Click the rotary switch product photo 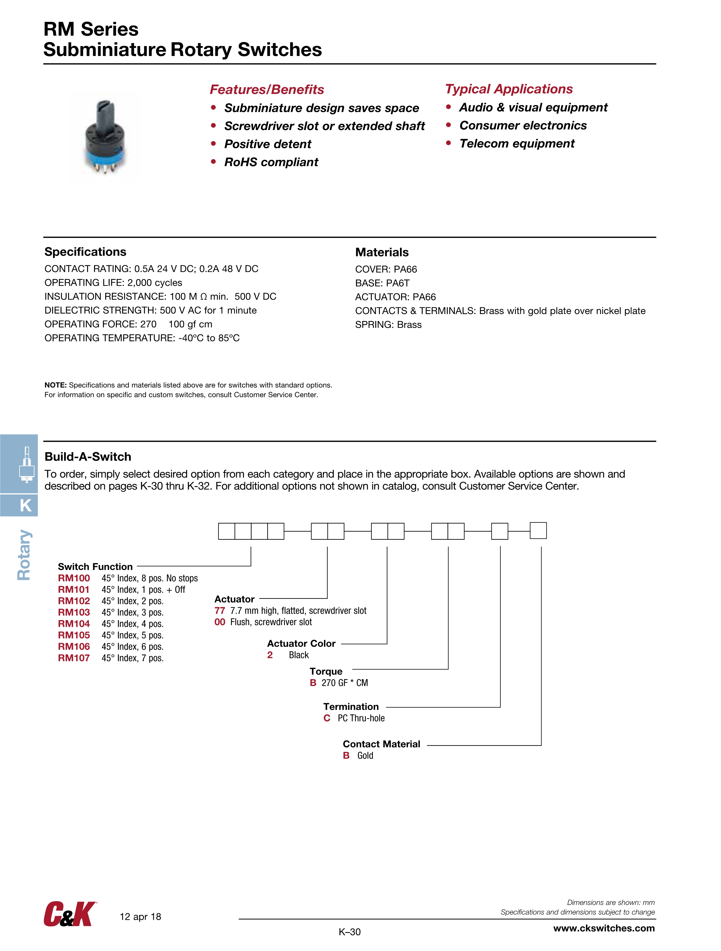105,137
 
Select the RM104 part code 74,624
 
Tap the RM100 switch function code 74,578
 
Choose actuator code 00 220,622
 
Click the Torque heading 326,671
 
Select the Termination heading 351,707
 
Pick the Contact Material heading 381,744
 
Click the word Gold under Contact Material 365,756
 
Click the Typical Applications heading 509,89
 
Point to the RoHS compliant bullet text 271,162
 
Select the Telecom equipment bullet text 517,144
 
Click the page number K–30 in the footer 349,932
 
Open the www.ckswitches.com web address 604,928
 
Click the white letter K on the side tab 26,506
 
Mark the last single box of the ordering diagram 538,531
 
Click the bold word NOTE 55,385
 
